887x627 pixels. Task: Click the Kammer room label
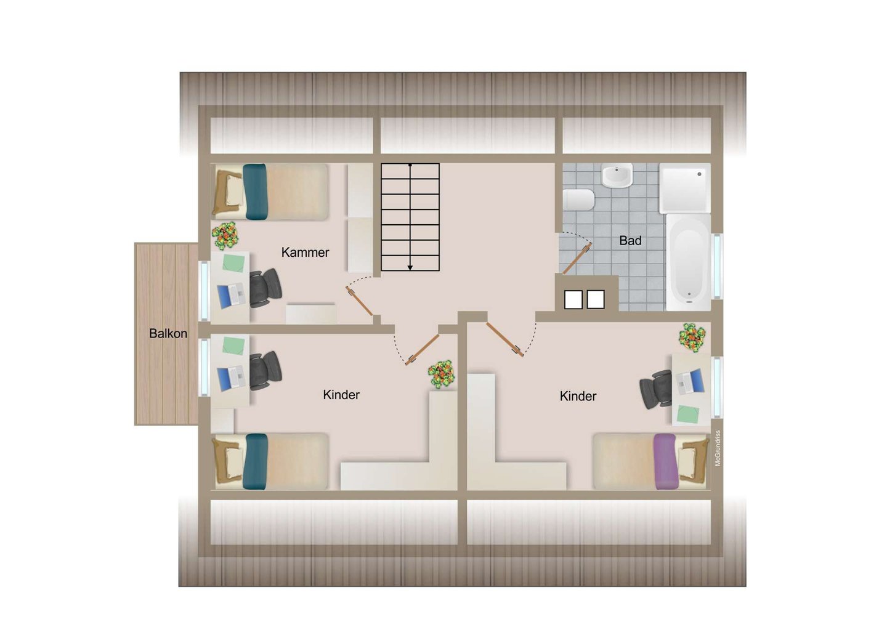point(305,252)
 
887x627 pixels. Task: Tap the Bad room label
point(630,240)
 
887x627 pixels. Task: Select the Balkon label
point(168,333)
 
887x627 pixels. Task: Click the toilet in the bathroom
point(578,200)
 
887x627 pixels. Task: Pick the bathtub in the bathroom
point(689,262)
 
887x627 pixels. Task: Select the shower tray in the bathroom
point(685,188)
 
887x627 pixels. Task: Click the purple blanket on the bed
point(665,461)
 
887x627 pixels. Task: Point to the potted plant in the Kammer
point(225,235)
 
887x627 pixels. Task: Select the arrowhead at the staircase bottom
point(410,267)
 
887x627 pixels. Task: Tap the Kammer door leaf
point(359,301)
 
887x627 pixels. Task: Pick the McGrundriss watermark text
point(718,448)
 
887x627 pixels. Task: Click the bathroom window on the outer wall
point(717,266)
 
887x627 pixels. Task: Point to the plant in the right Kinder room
point(692,338)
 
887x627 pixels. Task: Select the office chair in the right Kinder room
point(656,389)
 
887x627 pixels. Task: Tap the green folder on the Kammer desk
point(233,263)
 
